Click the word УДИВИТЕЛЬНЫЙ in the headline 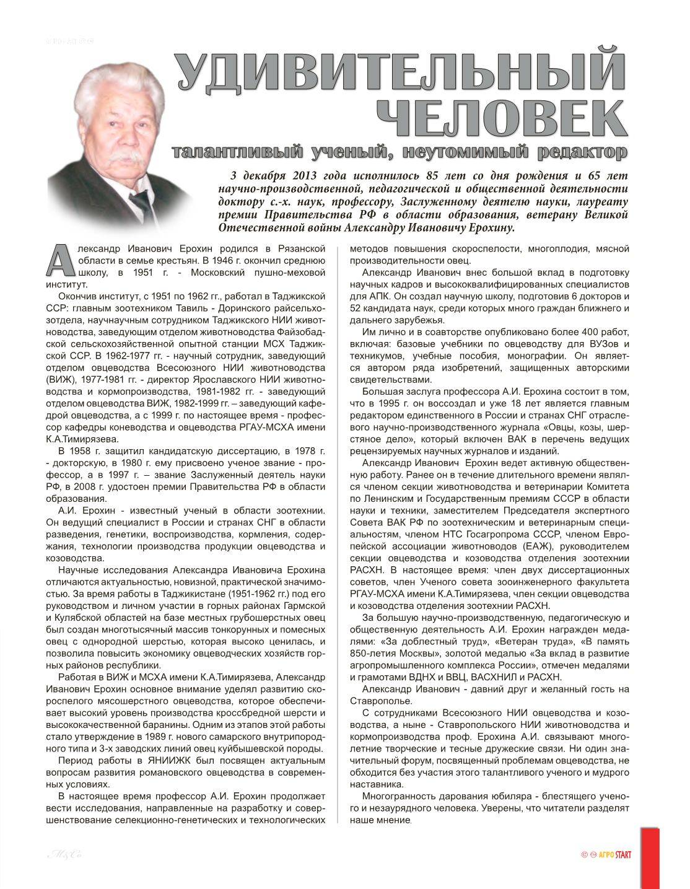(400, 74)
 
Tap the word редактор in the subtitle (582, 151)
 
